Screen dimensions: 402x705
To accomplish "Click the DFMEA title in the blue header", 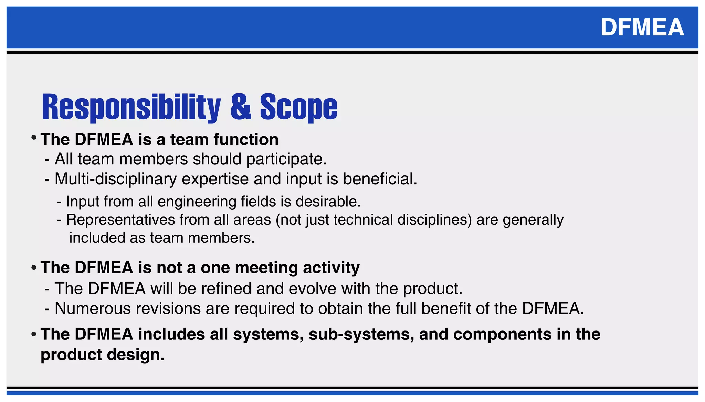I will [642, 27].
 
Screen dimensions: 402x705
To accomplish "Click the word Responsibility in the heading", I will [131, 107].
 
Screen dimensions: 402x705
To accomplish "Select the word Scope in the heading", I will [298, 107].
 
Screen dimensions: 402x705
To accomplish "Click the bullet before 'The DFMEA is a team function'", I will [34, 138].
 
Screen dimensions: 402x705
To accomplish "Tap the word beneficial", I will [380, 179].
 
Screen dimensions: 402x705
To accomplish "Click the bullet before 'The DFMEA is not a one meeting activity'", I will [34, 268].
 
